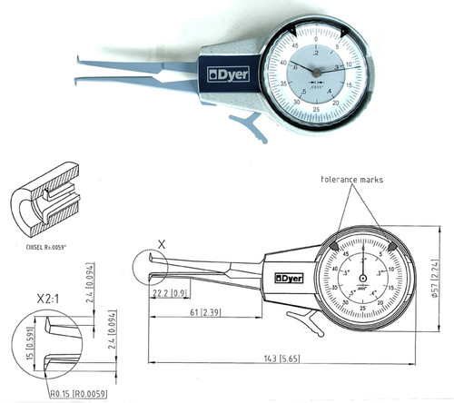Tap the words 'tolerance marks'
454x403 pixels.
point(352,180)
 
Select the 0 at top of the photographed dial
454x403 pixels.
point(316,41)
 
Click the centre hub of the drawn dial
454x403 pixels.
point(364,278)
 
